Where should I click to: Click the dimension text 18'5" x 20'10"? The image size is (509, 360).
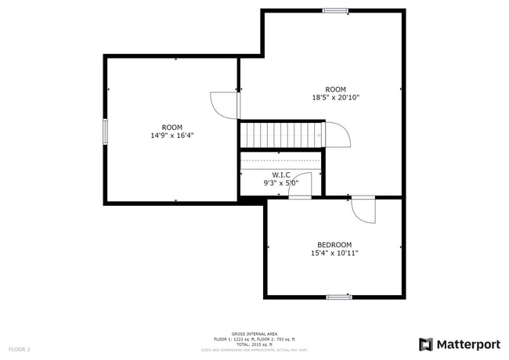(335, 98)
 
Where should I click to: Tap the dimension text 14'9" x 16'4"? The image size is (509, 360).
(172, 135)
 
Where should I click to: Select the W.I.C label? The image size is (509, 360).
(281, 175)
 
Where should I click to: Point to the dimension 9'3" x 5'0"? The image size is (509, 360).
(281, 183)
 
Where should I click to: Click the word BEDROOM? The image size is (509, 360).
(334, 244)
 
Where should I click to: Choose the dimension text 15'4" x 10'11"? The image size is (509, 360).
(334, 253)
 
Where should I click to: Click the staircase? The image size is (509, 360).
(281, 135)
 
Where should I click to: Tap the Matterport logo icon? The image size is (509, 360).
(426, 344)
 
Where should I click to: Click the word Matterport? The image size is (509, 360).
(467, 344)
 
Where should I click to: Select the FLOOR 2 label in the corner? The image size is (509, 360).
(20, 348)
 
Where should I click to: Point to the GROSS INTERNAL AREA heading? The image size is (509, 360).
(254, 333)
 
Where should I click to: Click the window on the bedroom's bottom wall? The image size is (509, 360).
(339, 297)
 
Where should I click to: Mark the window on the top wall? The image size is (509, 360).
(335, 10)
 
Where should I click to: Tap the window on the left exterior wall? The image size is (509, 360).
(105, 131)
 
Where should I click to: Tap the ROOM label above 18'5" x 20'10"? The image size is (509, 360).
(335, 89)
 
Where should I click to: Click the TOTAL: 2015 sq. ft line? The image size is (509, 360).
(254, 344)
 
